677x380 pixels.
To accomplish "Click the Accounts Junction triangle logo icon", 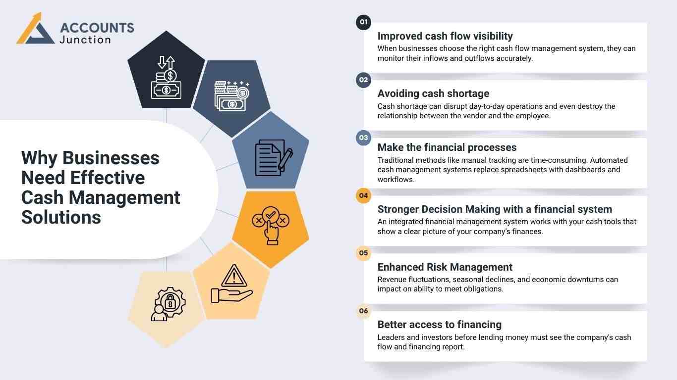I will coord(35,29).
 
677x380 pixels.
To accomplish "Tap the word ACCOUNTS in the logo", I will coord(97,28).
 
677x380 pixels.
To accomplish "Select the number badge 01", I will coord(363,22).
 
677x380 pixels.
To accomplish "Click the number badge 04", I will coord(363,195).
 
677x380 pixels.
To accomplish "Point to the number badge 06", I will coord(363,311).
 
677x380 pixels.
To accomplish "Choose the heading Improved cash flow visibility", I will coord(445,36).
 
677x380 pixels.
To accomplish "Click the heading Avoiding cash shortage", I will coord(433,94).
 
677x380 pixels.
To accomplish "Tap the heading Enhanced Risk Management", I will coord(445,267).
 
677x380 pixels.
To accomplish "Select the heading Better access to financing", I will coord(439,325).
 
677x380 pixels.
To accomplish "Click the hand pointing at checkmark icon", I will coord(270,226).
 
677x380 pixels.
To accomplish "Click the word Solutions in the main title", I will coord(61,217).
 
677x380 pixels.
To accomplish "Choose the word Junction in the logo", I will coord(85,40).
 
